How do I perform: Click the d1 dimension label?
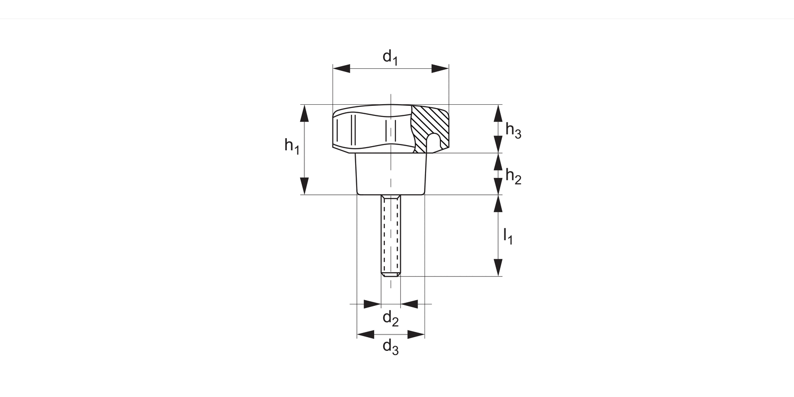click(390, 57)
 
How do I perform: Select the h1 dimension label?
click(292, 146)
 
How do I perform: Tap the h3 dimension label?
click(513, 130)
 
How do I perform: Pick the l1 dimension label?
click(508, 236)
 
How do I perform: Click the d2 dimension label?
click(390, 318)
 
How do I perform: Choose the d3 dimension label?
click(390, 347)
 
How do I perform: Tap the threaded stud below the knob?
click(391, 233)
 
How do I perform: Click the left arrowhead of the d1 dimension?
click(341, 68)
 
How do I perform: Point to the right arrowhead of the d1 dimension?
click(440, 68)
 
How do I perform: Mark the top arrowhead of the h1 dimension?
click(304, 113)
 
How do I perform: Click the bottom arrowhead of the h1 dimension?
click(304, 186)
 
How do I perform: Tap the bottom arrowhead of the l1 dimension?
click(498, 268)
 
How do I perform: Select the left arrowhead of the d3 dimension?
click(365, 334)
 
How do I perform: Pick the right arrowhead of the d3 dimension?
click(416, 334)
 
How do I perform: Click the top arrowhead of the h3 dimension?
click(498, 113)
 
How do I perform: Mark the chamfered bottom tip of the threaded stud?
click(391, 274)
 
